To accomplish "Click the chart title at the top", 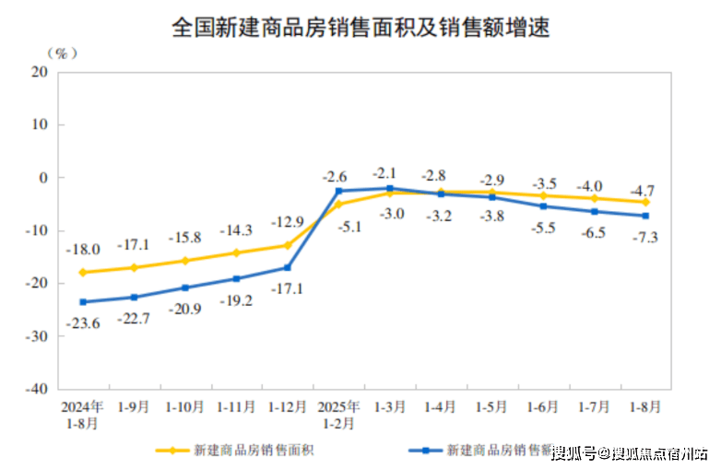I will click(x=360, y=28).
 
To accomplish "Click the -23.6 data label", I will click(x=83, y=322).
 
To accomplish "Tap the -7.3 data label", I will click(x=645, y=238).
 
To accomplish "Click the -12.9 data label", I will click(x=287, y=222).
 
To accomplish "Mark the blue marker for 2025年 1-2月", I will click(x=339, y=191).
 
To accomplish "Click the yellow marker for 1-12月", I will click(x=288, y=245).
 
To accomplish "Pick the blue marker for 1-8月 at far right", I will click(x=645, y=216).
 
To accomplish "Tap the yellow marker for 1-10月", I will click(x=185, y=261).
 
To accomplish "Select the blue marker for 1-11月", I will click(x=237, y=278).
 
